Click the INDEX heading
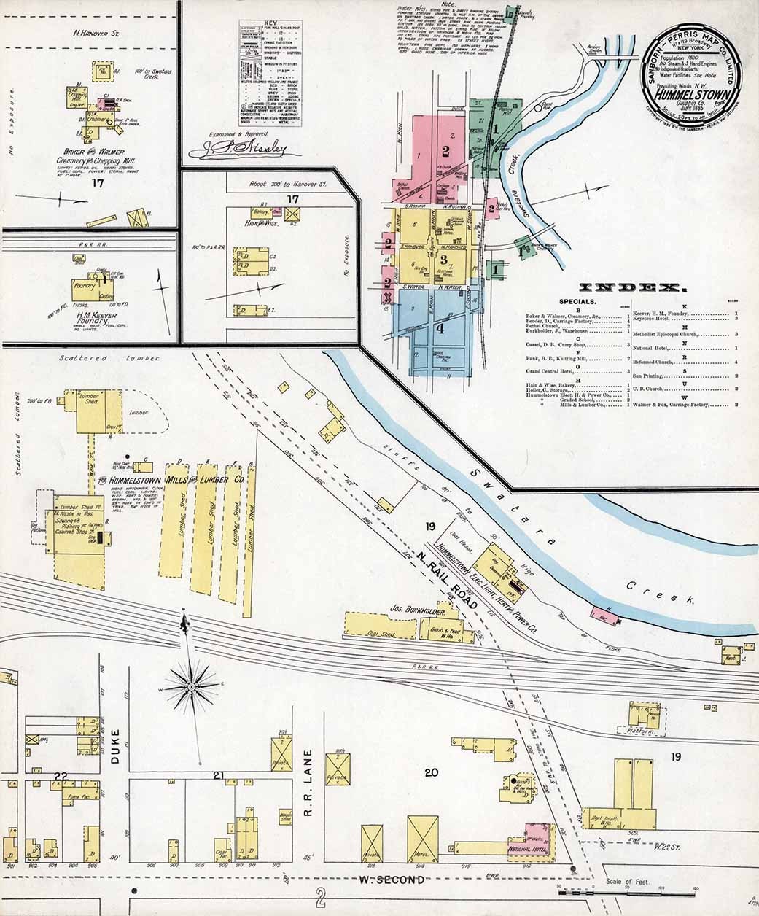click(x=627, y=287)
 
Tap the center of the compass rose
click(x=191, y=686)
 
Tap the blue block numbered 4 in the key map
click(x=439, y=327)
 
